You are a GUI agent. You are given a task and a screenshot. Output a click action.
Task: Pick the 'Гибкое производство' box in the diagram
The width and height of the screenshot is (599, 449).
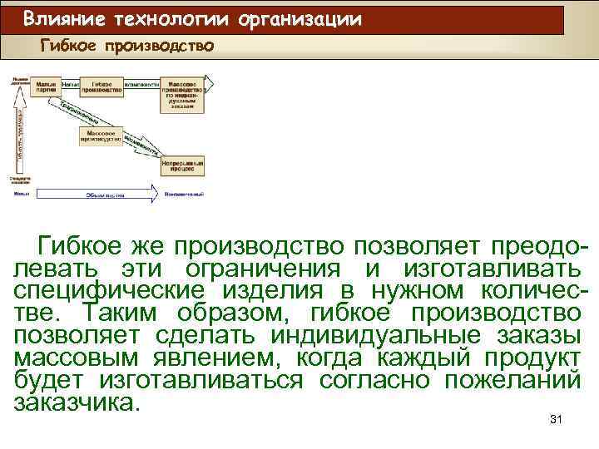(101, 87)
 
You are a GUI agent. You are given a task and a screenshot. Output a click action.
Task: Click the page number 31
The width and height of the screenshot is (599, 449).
(557, 420)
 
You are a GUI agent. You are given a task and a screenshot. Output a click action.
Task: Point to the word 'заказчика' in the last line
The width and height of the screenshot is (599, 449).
(73, 403)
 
